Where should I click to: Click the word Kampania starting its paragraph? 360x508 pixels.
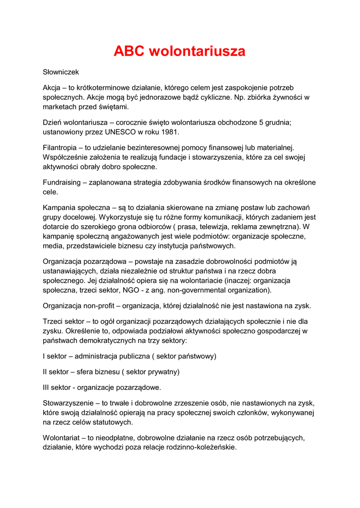pyautogui.click(x=60, y=208)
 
